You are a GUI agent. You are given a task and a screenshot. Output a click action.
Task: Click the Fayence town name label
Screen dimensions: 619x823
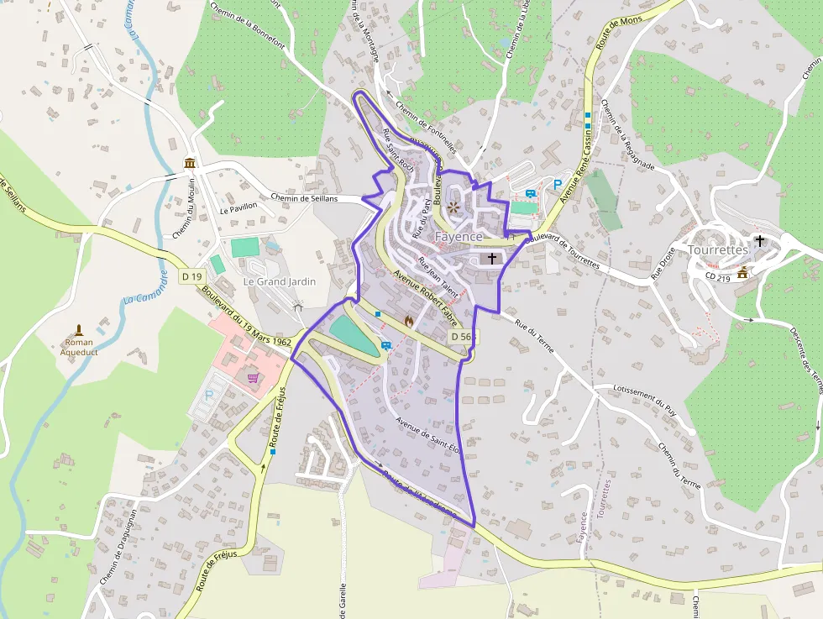tap(459, 237)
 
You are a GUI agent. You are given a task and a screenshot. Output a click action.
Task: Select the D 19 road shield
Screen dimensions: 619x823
tap(192, 276)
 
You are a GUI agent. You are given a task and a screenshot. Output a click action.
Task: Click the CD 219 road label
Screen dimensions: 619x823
tap(718, 275)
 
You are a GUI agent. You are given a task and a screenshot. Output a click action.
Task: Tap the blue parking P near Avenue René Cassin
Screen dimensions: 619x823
tap(557, 185)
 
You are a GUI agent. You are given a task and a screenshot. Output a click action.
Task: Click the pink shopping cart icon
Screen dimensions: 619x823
tap(253, 378)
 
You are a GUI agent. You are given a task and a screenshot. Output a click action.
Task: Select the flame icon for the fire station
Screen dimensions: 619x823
tap(409, 320)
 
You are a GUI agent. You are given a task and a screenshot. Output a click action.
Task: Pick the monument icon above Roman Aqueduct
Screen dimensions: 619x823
tap(79, 328)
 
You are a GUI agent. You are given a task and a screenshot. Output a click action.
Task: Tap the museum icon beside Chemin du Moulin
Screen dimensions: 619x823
tap(190, 163)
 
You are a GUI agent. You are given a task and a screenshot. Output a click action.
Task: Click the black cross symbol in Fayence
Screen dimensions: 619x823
tap(491, 260)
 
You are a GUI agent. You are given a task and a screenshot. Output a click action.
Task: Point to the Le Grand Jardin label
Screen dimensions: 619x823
tap(280, 281)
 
